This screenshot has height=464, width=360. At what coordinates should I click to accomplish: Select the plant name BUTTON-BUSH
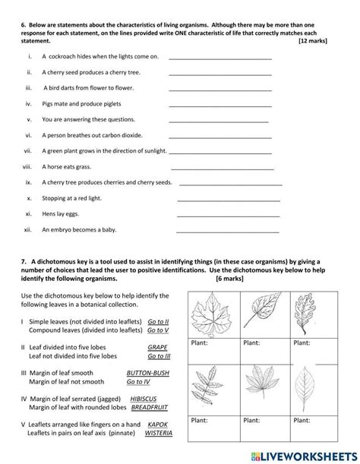150,374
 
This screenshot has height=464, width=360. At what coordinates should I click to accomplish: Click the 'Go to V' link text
158,330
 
